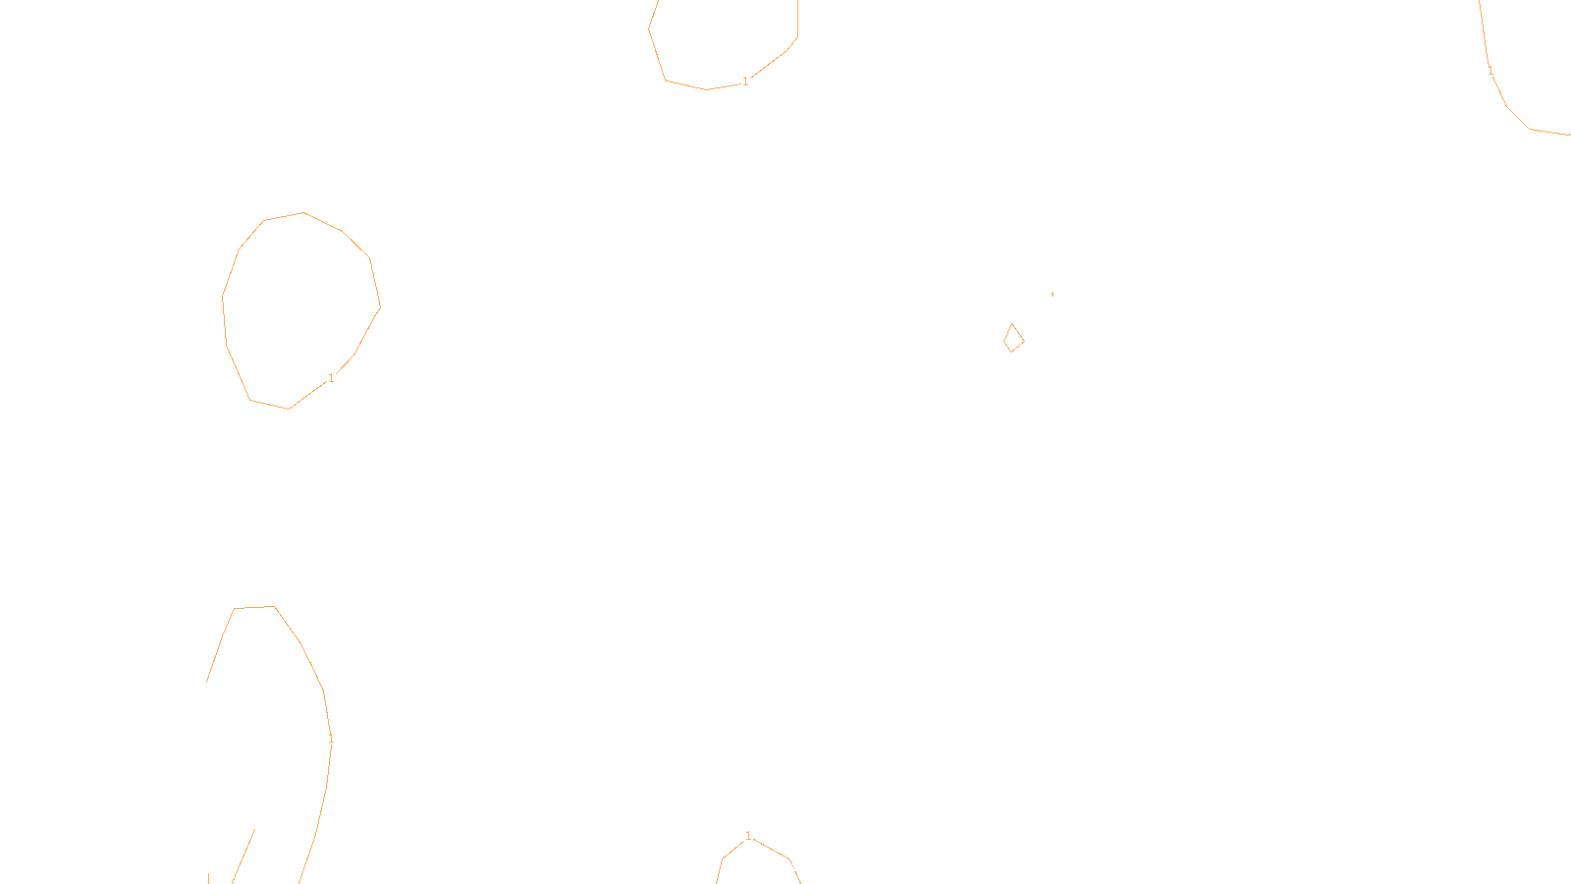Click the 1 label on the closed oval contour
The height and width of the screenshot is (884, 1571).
coord(331,377)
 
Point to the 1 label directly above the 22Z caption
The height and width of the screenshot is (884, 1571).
coord(748,836)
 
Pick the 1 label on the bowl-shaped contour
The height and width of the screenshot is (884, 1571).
coord(745,81)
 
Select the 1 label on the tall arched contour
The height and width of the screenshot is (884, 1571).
coord(331,737)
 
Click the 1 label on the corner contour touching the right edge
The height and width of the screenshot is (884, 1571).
coord(1490,71)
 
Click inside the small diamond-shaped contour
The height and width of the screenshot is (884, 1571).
coord(1013,339)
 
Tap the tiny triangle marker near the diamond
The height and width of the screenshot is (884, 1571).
coord(1052,294)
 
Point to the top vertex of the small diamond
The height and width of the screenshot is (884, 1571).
coord(1012,324)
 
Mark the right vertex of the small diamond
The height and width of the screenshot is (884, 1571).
coord(1024,341)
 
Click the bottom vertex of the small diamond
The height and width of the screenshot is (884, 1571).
coord(1009,352)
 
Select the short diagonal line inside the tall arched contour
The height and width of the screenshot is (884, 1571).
coord(244,856)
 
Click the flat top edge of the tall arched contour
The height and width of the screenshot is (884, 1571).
coord(254,607)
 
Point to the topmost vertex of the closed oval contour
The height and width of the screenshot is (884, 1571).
coord(303,212)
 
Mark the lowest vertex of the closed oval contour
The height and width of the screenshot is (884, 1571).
coord(289,409)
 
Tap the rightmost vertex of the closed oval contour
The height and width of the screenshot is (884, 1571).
coord(380,306)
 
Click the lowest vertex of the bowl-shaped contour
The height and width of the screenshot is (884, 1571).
coord(706,89)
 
